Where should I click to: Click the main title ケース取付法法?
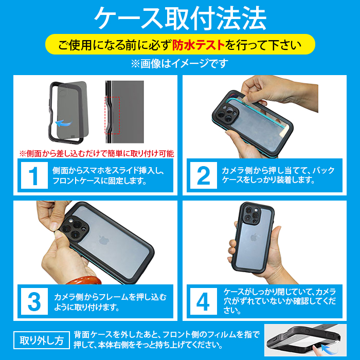(x=180, y=19)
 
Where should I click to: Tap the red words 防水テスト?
(x=199, y=45)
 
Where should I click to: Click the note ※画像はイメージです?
(x=180, y=64)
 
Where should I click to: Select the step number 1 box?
(x=34, y=175)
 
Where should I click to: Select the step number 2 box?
(x=204, y=175)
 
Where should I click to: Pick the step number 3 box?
(x=34, y=301)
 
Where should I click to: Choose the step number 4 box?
(x=204, y=301)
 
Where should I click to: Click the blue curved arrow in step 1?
(x=63, y=123)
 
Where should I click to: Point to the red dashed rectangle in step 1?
(x=112, y=115)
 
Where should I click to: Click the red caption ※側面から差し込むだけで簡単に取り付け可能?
(x=97, y=154)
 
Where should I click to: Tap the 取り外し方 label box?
(x=42, y=340)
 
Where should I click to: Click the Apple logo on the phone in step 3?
(x=103, y=240)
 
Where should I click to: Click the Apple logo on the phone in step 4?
(x=254, y=238)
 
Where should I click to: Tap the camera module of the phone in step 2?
(x=226, y=113)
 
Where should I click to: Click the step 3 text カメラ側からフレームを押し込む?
(x=111, y=297)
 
